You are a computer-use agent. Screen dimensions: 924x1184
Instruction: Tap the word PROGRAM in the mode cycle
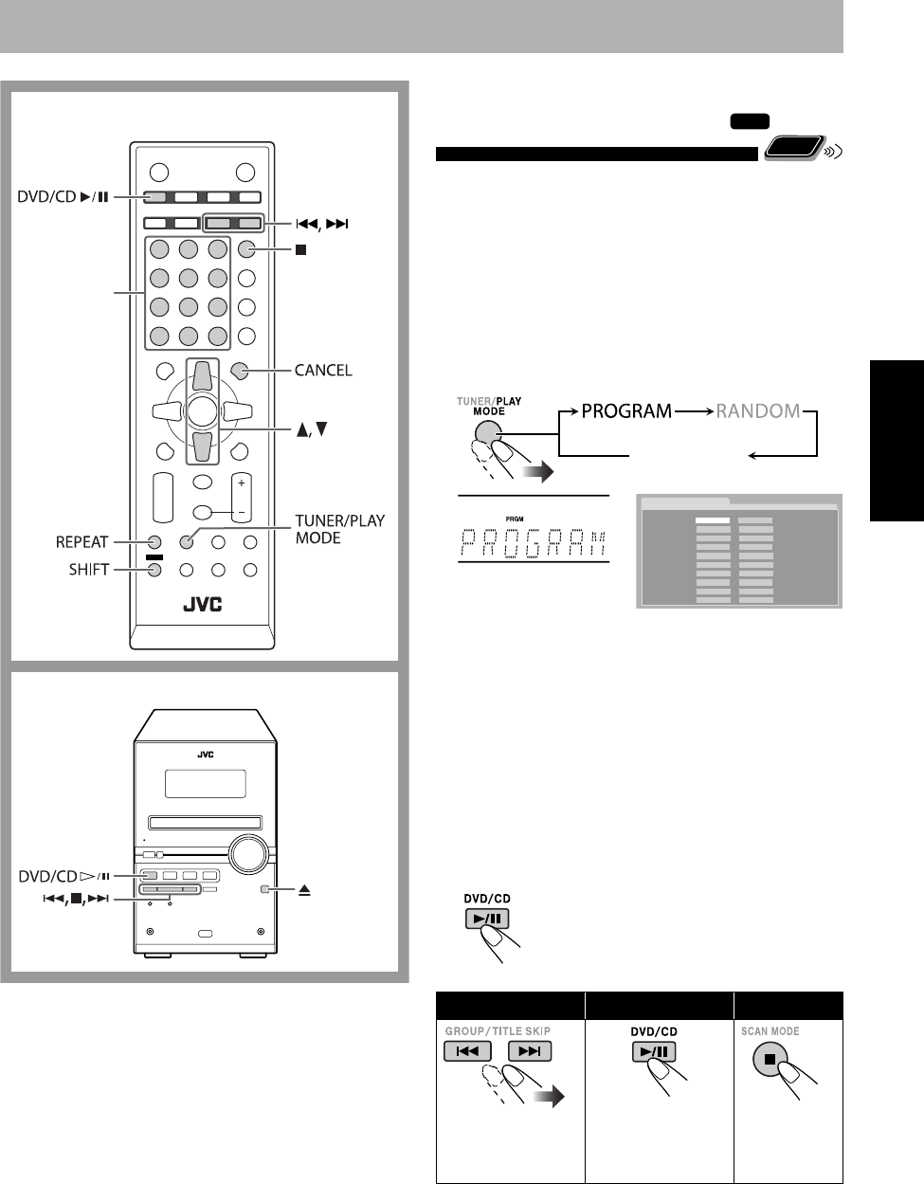[626, 411]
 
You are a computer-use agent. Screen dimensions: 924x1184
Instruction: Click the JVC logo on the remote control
[202, 605]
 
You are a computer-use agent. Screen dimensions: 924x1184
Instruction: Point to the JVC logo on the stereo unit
[205, 756]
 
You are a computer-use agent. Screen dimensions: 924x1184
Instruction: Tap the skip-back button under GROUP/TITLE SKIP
[466, 1051]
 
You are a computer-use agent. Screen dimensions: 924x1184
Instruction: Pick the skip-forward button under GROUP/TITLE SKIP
[530, 1051]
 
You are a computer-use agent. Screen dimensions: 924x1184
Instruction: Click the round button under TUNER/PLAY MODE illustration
[487, 432]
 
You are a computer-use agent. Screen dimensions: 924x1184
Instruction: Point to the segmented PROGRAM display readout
[534, 542]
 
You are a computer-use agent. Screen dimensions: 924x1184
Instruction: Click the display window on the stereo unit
[205, 784]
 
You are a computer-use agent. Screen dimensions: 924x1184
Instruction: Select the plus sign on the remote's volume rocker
[241, 483]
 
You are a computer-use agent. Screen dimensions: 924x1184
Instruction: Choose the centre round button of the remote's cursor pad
[201, 410]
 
